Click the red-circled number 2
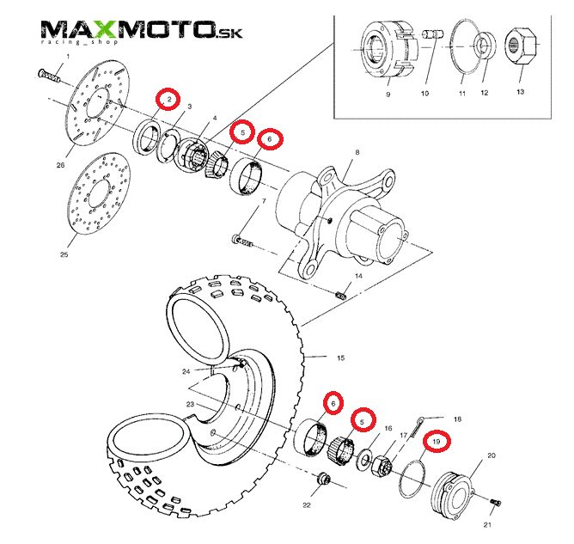tap(169, 101)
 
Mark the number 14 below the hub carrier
tap(359, 277)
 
